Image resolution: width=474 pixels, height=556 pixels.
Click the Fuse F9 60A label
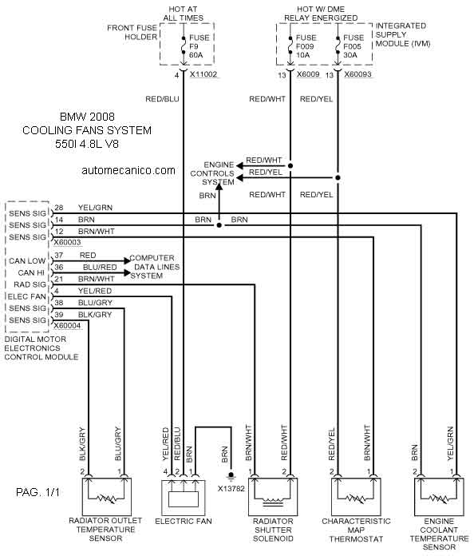tap(199, 46)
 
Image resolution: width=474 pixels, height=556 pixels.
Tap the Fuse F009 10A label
tap(306, 46)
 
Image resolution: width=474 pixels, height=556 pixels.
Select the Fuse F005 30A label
tap(354, 46)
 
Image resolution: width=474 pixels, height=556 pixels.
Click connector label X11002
tap(203, 74)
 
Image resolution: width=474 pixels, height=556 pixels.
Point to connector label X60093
tap(357, 74)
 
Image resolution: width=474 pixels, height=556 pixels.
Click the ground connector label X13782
tap(231, 489)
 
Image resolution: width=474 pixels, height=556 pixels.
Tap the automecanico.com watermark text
tap(128, 171)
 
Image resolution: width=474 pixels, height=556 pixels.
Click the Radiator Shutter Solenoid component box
tap(273, 497)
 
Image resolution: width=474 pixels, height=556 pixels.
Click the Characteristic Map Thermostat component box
tap(356, 497)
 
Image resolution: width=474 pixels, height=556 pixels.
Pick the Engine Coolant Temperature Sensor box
tap(439, 497)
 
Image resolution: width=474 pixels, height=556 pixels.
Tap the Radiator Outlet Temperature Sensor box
tap(107, 497)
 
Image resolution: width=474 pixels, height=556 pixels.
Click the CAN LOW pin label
tap(27, 261)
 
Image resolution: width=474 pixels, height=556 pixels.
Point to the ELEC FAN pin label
tap(27, 296)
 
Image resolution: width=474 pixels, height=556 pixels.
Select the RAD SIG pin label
tap(30, 284)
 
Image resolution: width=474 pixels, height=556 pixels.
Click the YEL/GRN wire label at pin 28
tap(95, 208)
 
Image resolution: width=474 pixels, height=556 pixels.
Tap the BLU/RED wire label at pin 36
tap(100, 267)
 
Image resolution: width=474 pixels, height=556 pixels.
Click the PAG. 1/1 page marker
tap(38, 492)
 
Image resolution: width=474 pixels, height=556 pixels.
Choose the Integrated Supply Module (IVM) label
tap(403, 35)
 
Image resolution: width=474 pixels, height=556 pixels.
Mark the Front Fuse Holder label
tap(132, 32)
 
